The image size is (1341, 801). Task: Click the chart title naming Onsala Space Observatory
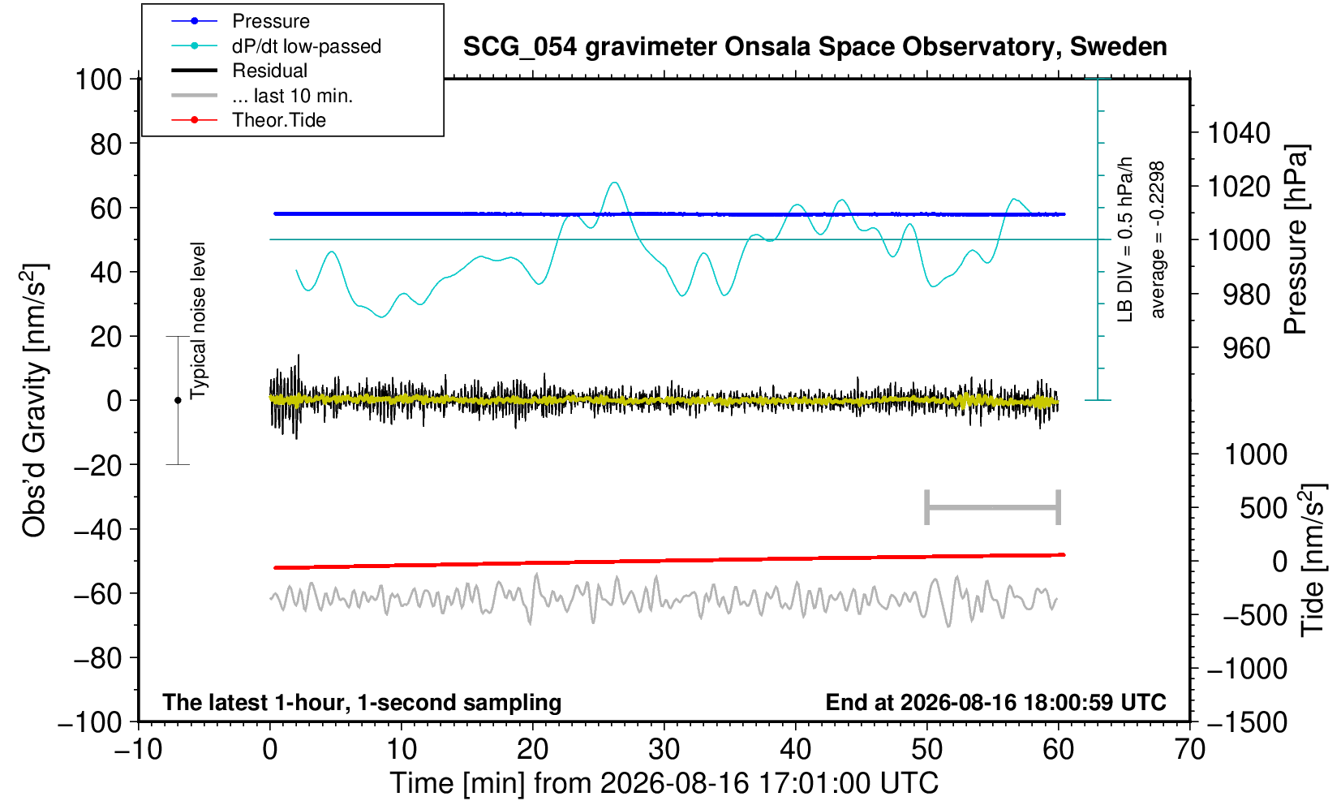click(814, 47)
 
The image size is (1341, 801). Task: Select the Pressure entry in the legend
click(271, 21)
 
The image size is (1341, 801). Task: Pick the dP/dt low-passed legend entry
click(307, 46)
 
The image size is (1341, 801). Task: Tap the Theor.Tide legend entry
click(279, 120)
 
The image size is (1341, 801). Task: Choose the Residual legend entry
click(269, 71)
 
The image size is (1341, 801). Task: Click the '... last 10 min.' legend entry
click(292, 95)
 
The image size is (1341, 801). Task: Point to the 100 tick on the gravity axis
click(98, 80)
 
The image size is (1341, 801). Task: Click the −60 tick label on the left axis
click(97, 594)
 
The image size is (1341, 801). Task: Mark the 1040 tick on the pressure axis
click(1239, 132)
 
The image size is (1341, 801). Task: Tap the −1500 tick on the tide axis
click(1246, 722)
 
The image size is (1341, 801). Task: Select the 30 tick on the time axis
click(664, 749)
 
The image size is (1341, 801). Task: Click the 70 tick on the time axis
click(1189, 749)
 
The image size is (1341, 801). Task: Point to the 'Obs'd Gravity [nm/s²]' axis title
click(34, 400)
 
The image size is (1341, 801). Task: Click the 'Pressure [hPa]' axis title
click(1296, 239)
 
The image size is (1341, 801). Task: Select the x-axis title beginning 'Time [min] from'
click(664, 783)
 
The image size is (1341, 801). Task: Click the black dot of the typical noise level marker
click(178, 400)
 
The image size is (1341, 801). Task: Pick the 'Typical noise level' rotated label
click(198, 321)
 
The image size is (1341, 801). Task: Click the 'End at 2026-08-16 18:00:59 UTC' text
click(995, 702)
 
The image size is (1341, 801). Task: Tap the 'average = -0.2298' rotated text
click(1157, 239)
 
